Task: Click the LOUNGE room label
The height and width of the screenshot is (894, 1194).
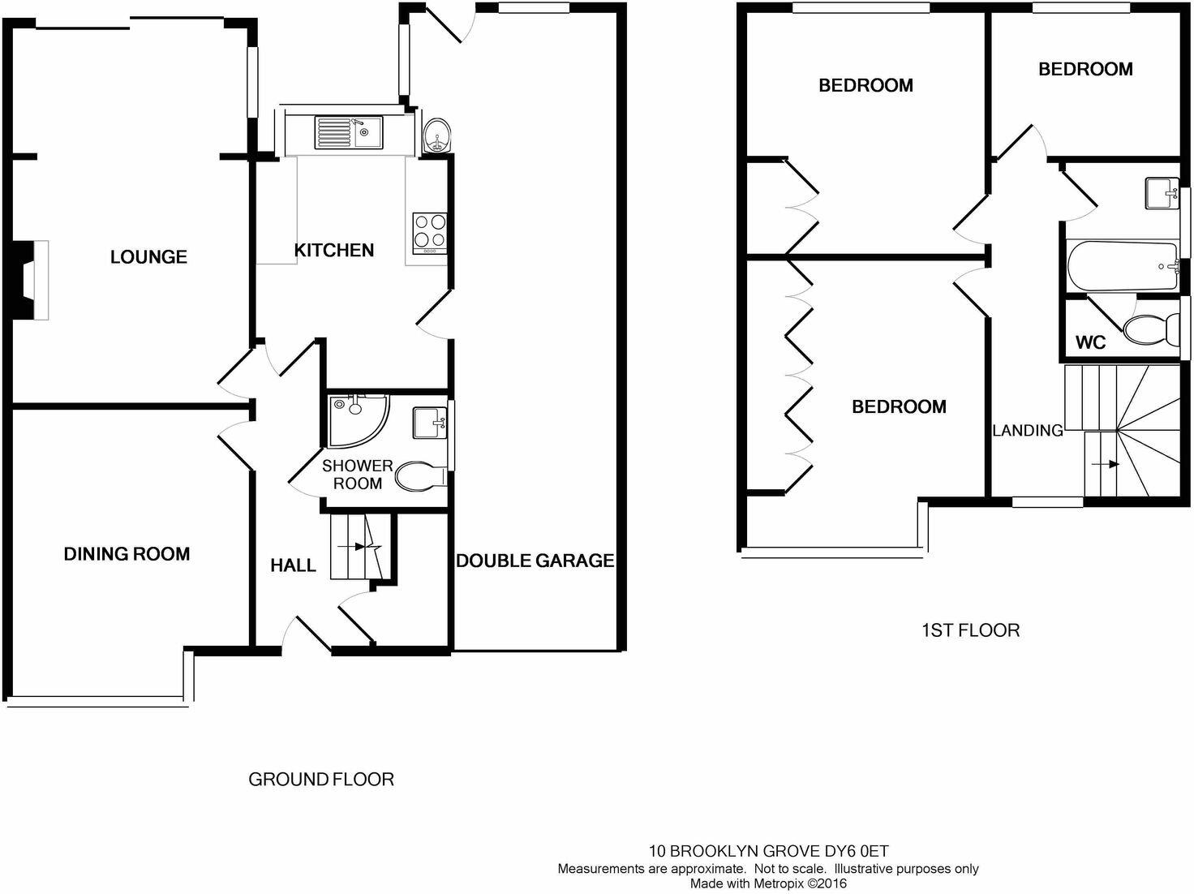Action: pyautogui.click(x=148, y=257)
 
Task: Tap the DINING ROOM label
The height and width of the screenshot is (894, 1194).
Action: pyautogui.click(x=127, y=554)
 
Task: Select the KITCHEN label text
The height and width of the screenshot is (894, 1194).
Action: pyautogui.click(x=333, y=251)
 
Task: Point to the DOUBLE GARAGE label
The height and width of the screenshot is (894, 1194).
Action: pyautogui.click(x=535, y=561)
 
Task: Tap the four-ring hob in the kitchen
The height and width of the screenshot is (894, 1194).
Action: pyautogui.click(x=429, y=230)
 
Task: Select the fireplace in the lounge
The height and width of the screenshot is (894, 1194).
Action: pyautogui.click(x=32, y=280)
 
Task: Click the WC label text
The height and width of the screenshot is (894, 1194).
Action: pyautogui.click(x=1090, y=343)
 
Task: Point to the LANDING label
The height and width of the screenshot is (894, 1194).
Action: pyautogui.click(x=1028, y=431)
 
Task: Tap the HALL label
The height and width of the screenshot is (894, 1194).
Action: pyautogui.click(x=293, y=565)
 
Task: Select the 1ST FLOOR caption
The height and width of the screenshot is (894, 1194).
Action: pyautogui.click(x=970, y=630)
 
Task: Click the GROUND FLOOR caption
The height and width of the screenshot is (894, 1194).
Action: pyautogui.click(x=320, y=780)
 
